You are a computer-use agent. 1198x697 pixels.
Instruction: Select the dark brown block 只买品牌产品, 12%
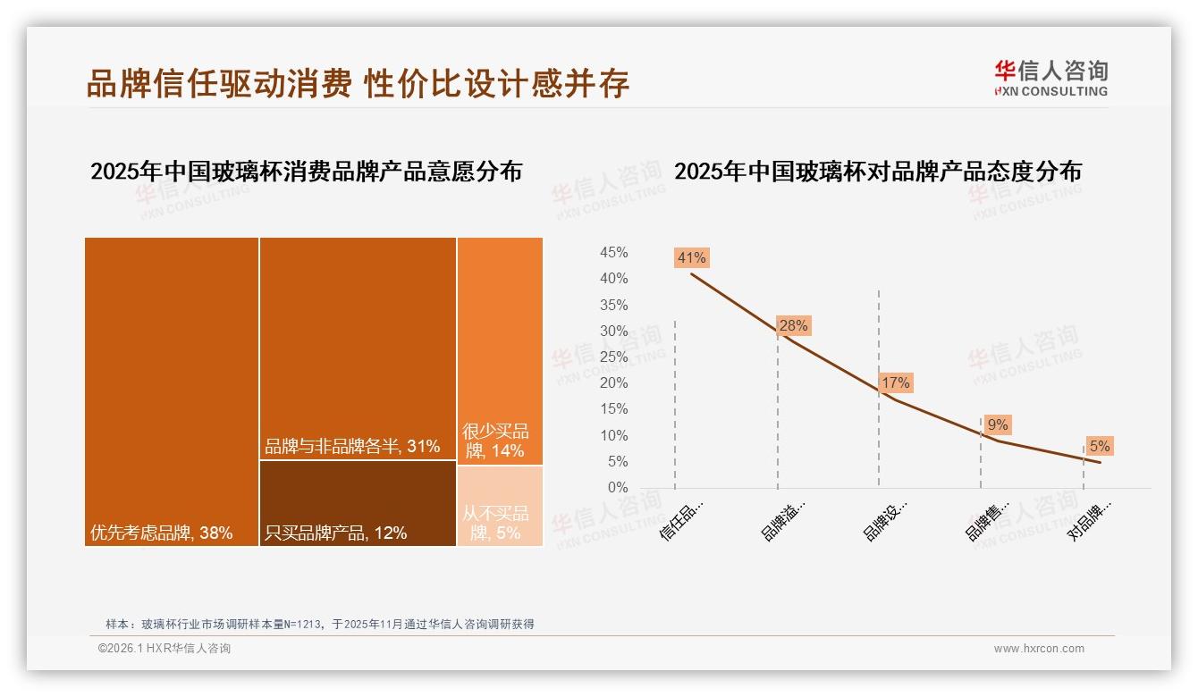point(358,503)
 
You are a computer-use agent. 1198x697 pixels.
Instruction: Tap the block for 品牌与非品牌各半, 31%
point(358,348)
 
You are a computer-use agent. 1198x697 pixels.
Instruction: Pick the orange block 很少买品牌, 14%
point(500,350)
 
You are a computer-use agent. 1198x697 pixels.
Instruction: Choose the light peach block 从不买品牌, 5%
point(500,506)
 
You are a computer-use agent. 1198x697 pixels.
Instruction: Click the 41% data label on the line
point(692,258)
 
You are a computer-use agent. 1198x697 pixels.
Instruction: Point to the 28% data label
point(793,326)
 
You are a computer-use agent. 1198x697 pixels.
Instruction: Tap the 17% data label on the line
point(895,383)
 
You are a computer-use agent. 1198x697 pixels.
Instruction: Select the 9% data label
point(998,425)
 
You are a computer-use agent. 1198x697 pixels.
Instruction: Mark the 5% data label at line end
point(1100,446)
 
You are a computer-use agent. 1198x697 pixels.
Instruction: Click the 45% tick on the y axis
point(613,253)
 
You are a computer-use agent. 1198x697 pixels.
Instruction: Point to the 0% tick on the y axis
point(617,488)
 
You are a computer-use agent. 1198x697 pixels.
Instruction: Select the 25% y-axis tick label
point(613,357)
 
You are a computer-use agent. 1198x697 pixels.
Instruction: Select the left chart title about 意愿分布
point(306,172)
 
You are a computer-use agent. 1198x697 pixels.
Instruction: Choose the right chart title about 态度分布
point(877,172)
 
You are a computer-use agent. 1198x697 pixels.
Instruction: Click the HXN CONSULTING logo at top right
point(1050,79)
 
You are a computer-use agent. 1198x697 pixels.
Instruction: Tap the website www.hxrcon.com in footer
point(1039,649)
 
